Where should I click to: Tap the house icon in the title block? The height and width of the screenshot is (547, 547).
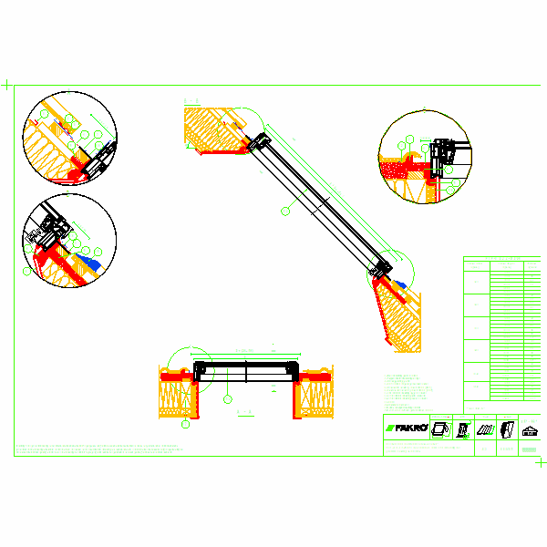pyautogui.click(x=529, y=428)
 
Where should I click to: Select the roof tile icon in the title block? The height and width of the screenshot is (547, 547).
pyautogui.click(x=485, y=428)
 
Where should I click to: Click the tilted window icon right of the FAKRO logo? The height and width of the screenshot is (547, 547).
pyautogui.click(x=439, y=428)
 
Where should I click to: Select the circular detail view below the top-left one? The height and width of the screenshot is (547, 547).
pyautogui.click(x=69, y=240)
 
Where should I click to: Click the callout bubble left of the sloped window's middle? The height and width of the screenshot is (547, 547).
pyautogui.click(x=285, y=211)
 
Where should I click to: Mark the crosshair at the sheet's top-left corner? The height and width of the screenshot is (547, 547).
pyautogui.click(x=8, y=85)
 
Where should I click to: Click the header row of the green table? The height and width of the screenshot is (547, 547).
pyautogui.click(x=501, y=263)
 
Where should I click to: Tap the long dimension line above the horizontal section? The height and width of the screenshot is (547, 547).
pyautogui.click(x=248, y=354)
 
